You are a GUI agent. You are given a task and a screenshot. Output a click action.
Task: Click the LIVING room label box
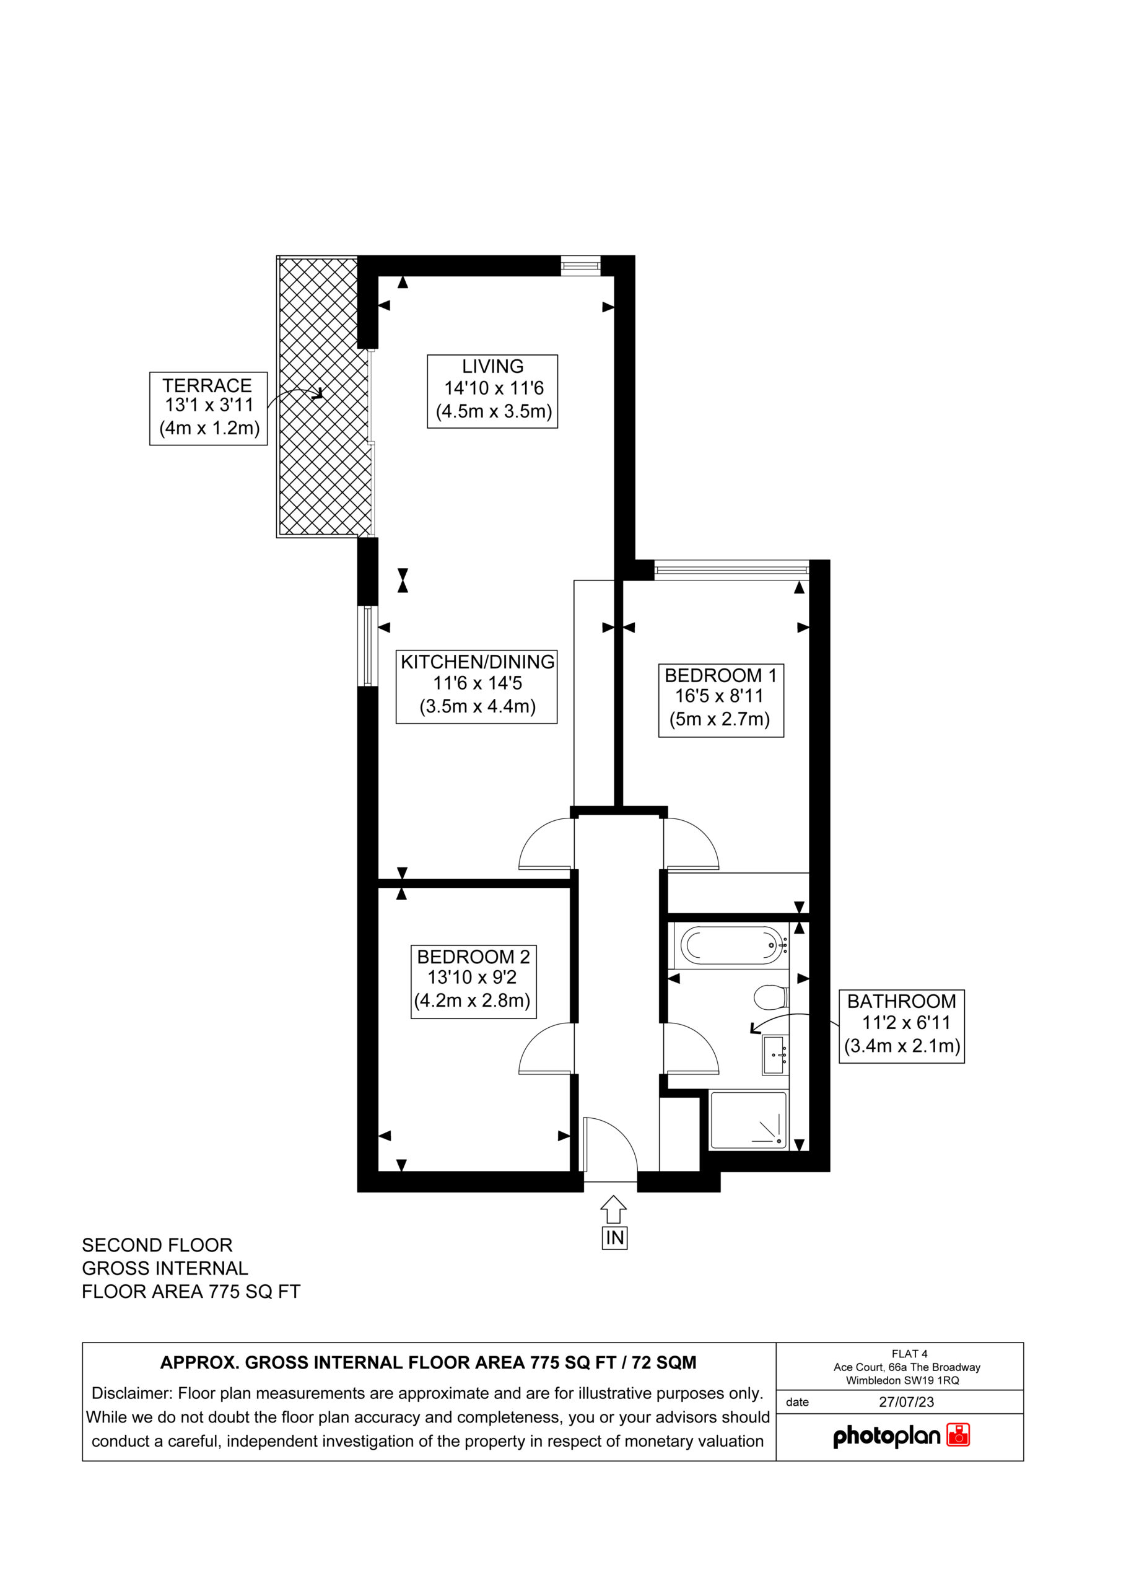(492, 391)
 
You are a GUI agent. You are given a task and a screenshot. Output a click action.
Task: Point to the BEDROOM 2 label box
(473, 981)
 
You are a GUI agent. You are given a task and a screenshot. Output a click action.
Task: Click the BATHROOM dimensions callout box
(901, 1026)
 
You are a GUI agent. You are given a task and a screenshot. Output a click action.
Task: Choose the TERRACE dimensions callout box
(208, 408)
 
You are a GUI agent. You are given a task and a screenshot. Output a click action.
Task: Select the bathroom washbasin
(774, 1055)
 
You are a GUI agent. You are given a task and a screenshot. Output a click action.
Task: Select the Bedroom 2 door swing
(546, 1048)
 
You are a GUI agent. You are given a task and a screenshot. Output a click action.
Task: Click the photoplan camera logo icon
(958, 1435)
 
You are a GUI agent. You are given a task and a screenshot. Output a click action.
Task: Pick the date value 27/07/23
(906, 1401)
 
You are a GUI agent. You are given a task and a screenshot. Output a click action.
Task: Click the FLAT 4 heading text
(909, 1354)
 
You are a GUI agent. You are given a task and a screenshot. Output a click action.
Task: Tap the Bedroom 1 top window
(731, 570)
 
